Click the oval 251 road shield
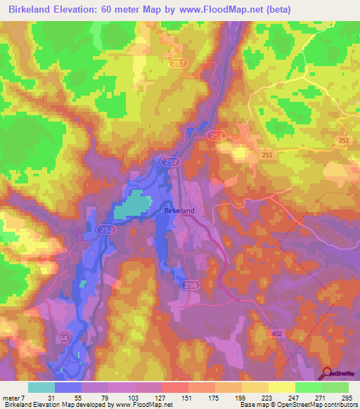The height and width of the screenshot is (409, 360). [x=217, y=136]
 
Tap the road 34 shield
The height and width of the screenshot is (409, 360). [x=64, y=337]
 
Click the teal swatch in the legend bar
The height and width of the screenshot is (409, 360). [x=41, y=387]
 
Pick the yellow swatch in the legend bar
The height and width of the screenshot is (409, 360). [x=281, y=387]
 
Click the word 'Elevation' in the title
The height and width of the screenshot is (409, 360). [x=73, y=8]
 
